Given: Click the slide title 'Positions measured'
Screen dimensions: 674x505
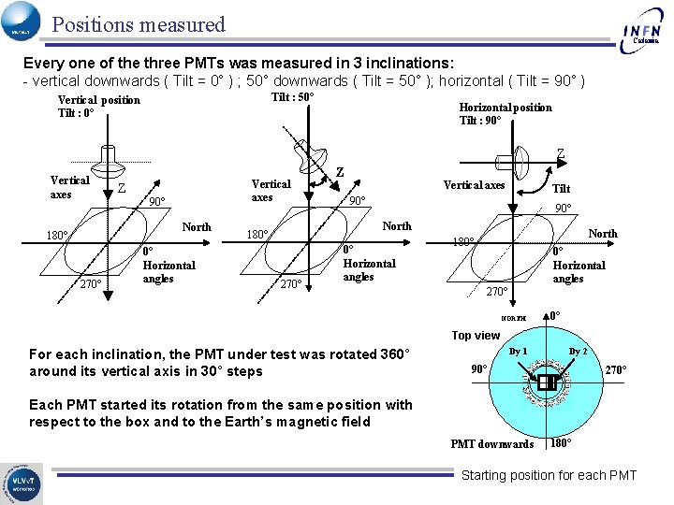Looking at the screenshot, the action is [139, 24].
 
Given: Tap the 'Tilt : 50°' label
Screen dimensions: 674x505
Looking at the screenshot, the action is [292, 97].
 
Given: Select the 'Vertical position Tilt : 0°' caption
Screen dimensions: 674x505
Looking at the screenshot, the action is [98, 107].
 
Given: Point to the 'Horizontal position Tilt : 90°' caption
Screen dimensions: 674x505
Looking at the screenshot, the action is [505, 113].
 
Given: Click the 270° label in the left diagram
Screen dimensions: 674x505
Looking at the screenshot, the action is [90, 284].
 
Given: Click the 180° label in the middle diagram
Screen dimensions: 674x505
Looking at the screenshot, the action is [256, 234].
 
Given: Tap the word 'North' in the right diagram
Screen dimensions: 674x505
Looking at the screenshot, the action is [602, 233].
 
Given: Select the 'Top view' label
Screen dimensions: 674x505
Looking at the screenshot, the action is [476, 335].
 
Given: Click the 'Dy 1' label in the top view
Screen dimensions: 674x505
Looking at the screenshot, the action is [519, 352].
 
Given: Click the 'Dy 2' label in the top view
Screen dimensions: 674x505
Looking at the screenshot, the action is [578, 352].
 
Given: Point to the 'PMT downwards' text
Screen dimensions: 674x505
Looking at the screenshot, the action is [491, 443].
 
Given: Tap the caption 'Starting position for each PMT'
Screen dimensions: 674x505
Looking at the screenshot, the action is [549, 475].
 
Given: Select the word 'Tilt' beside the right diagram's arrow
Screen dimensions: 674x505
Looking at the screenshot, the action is [562, 189].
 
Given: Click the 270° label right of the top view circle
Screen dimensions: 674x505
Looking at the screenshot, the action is [615, 369].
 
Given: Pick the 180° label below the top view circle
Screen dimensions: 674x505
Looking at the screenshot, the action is [562, 442].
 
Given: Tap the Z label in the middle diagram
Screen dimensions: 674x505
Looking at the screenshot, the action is [339, 172].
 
